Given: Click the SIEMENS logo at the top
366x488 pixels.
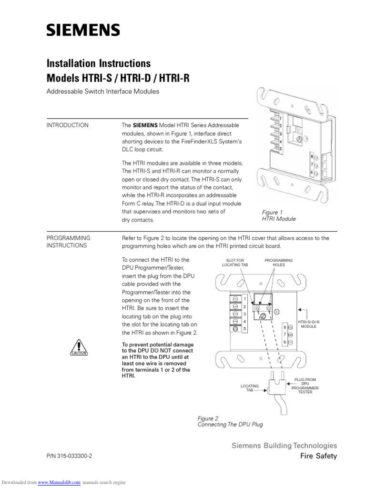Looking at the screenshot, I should point(83,31).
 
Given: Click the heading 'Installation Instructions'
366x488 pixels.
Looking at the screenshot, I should point(98,63).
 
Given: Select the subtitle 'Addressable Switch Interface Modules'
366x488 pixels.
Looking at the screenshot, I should point(102,91).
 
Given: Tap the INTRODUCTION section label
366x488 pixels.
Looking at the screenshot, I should point(67,125).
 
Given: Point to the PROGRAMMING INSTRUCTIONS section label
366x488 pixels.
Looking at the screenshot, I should point(68,242).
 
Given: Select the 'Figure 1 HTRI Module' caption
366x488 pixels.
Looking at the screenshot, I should point(279,215).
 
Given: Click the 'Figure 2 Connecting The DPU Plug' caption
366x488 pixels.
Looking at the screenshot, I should point(230,421).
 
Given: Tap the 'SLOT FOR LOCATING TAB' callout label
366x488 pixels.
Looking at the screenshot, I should point(234,263).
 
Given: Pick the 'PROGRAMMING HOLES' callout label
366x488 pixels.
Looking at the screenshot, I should point(279,263).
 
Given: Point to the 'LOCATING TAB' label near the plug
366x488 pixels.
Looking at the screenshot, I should point(249,388).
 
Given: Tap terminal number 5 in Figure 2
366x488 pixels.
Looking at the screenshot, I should point(244,329).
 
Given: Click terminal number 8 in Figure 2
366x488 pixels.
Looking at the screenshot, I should point(285,327).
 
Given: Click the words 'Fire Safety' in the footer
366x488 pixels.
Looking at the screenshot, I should point(318,456).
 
